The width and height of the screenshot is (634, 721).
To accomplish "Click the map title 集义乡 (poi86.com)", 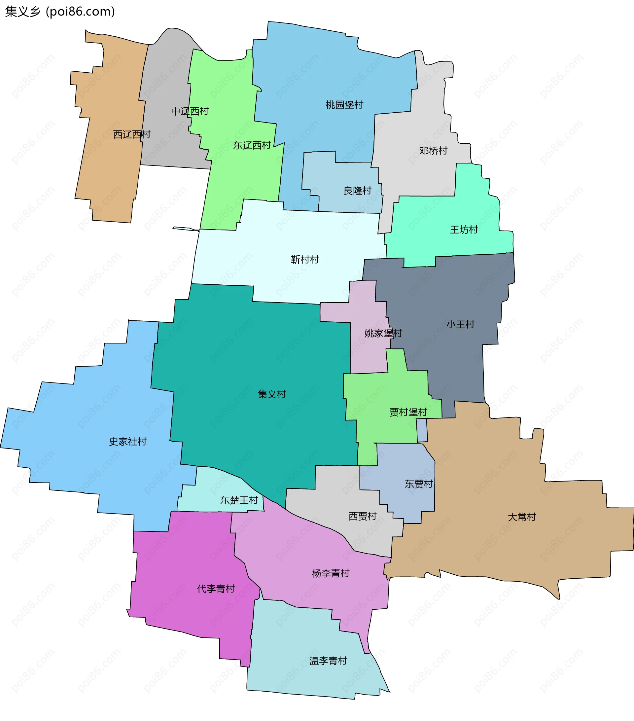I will (x=60, y=12).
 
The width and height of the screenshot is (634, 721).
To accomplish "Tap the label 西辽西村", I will (x=132, y=134).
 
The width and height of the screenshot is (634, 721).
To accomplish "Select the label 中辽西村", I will (x=190, y=111).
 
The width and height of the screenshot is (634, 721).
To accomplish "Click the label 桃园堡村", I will (x=344, y=105).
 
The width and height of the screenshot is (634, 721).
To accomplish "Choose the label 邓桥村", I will (x=433, y=151).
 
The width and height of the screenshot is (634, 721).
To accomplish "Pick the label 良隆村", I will (x=358, y=191).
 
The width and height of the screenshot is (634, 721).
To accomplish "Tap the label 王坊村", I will (x=464, y=230).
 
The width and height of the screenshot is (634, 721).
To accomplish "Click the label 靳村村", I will (x=305, y=260).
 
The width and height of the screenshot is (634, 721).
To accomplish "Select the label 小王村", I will (x=460, y=325).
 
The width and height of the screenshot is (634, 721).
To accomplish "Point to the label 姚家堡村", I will (x=383, y=333).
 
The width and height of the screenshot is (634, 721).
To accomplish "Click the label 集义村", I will (x=271, y=394).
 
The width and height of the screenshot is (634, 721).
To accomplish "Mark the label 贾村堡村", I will (x=408, y=412).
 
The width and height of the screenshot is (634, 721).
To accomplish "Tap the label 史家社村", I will (x=128, y=442).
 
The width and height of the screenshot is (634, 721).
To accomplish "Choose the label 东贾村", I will (x=419, y=484).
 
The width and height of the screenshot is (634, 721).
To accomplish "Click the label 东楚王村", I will (x=239, y=500).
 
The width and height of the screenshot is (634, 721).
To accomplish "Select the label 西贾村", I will (x=363, y=517).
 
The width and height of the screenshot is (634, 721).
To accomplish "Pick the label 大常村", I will (x=521, y=517).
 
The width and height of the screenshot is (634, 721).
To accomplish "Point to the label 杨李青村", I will (x=331, y=574).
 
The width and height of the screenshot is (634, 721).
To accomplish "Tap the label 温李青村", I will (x=328, y=661).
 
